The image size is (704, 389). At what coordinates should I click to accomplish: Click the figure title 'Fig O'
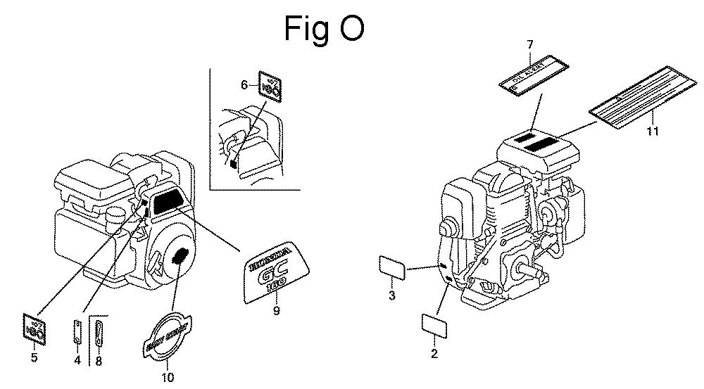pos(325,28)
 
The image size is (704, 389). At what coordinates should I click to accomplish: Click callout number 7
pos(530,46)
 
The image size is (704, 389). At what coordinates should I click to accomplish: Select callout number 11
pos(653,131)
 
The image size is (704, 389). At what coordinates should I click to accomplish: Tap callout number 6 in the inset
pos(244,85)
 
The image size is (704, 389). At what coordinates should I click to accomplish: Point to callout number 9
pos(276,310)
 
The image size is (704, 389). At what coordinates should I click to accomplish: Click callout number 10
pos(168,377)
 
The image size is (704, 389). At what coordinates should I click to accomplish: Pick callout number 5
pos(34,357)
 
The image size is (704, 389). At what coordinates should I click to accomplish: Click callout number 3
pos(392,295)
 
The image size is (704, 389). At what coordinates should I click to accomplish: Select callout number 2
pos(434,353)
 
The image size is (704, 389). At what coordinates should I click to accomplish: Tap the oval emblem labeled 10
pos(167,331)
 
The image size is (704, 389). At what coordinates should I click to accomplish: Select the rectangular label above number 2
pos(434,325)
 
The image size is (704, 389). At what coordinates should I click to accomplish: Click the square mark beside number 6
pos(269,86)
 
